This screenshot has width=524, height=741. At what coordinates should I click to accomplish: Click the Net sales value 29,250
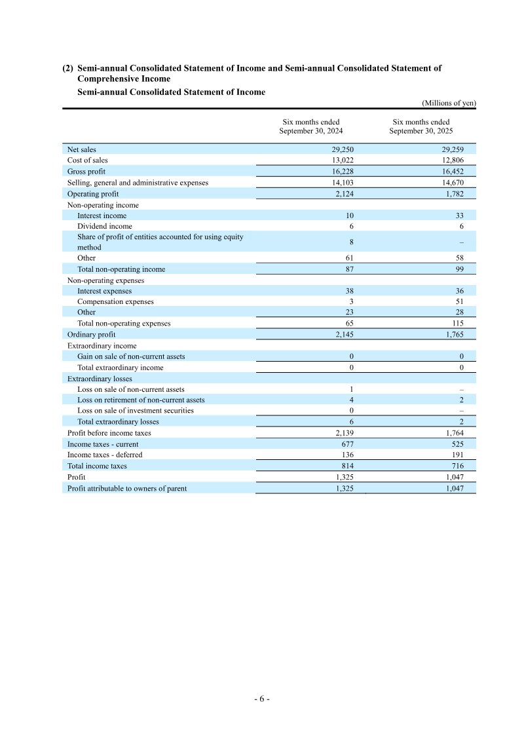click(343, 149)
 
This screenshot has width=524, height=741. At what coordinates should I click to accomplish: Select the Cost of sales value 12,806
click(453, 160)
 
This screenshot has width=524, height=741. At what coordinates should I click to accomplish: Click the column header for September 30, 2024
click(310, 126)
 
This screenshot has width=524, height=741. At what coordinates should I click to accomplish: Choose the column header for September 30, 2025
click(421, 126)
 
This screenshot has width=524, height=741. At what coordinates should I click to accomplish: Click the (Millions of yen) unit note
click(448, 103)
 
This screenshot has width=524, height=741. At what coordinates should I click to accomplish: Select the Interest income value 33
click(460, 216)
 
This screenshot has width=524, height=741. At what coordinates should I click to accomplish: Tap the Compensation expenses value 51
click(460, 301)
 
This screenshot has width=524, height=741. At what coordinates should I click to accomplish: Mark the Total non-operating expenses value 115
click(458, 323)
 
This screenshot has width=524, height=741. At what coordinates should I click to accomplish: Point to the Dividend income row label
click(104, 226)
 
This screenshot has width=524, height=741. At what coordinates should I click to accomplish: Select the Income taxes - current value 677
click(348, 444)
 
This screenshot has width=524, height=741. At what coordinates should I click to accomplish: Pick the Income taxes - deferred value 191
click(458, 455)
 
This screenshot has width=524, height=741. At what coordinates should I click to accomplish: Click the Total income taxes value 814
click(348, 466)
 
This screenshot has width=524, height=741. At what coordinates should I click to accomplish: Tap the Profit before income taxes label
click(109, 433)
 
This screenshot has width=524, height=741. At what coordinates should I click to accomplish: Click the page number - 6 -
click(262, 698)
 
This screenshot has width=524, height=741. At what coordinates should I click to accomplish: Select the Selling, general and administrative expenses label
click(138, 183)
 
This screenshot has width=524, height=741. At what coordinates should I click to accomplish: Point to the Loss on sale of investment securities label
click(135, 411)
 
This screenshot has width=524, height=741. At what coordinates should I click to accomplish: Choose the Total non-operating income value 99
click(460, 269)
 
